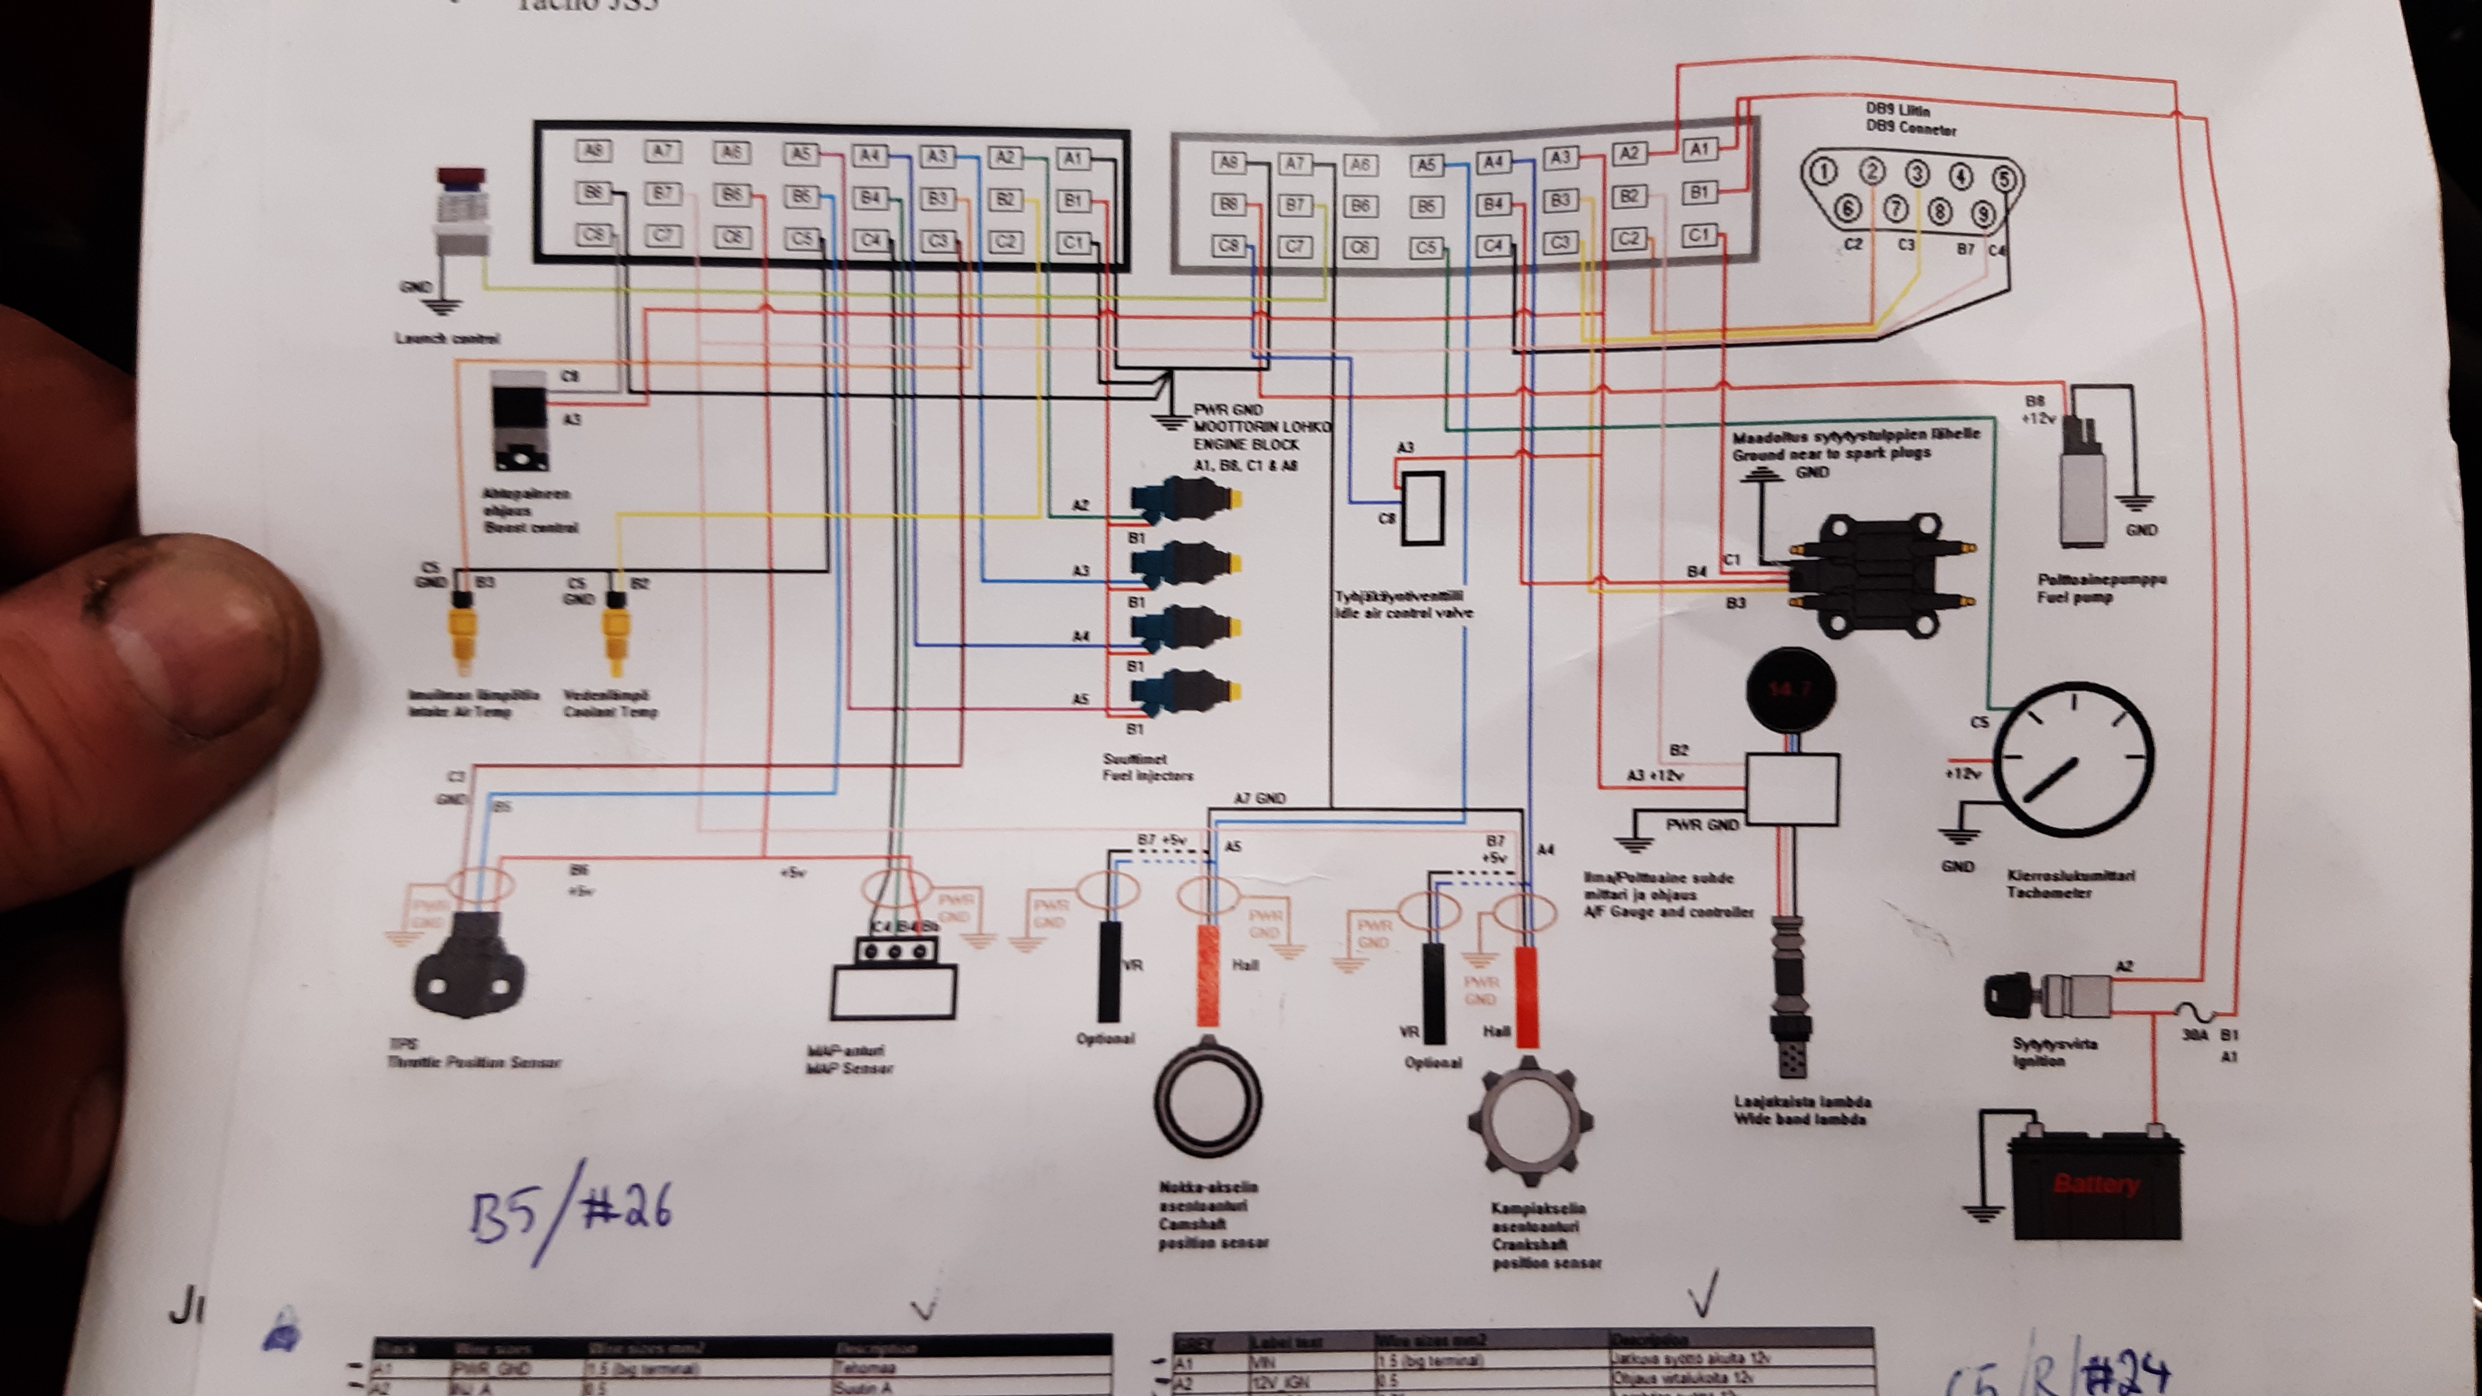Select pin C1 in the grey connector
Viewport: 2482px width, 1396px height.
pyautogui.click(x=1698, y=235)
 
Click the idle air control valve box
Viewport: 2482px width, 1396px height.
pyautogui.click(x=1422, y=508)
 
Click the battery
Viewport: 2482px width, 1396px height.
pyautogui.click(x=2096, y=1183)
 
